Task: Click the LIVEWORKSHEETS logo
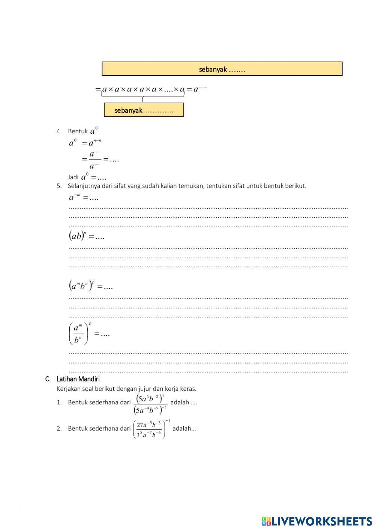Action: pyautogui.click(x=317, y=521)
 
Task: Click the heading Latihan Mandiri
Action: pyautogui.click(x=78, y=379)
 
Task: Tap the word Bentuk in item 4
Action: pyautogui.click(x=78, y=131)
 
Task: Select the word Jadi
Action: pyautogui.click(x=73, y=177)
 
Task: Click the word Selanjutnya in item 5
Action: pyautogui.click(x=84, y=186)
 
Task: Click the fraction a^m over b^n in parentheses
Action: pyautogui.click(x=79, y=333)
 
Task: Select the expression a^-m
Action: pyautogui.click(x=75, y=197)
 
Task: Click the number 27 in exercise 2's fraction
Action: pyautogui.click(x=140, y=425)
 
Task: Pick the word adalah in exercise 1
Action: pyautogui.click(x=180, y=402)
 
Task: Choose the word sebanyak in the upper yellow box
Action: pyautogui.click(x=213, y=69)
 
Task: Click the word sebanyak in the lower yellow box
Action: pyautogui.click(x=128, y=110)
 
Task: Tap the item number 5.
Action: pyautogui.click(x=59, y=186)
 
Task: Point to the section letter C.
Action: pyautogui.click(x=48, y=379)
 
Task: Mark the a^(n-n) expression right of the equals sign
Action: pyautogui.click(x=94, y=143)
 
